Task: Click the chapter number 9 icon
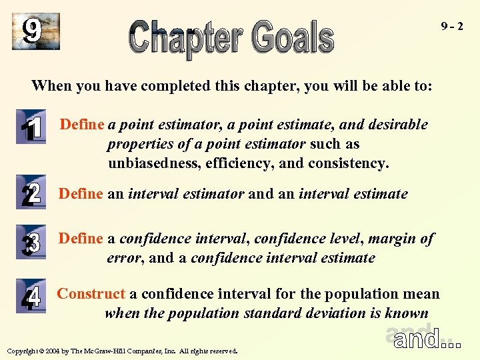(x=35, y=31)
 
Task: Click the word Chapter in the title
(x=188, y=38)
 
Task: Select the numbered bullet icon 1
(x=31, y=129)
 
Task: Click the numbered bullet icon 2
(x=31, y=193)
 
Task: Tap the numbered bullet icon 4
(x=31, y=296)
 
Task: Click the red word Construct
(x=91, y=294)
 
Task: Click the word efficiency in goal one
(x=244, y=163)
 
